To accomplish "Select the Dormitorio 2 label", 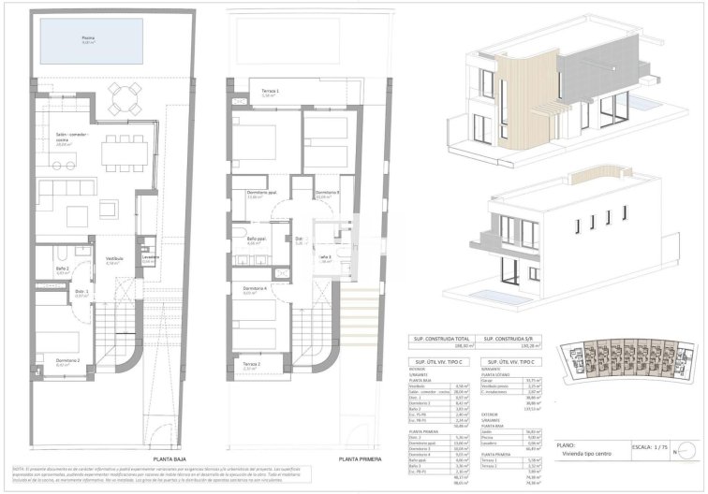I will click(x=67, y=359).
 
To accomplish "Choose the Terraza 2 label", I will click(x=252, y=365).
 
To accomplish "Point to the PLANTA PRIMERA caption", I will click(x=361, y=458).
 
